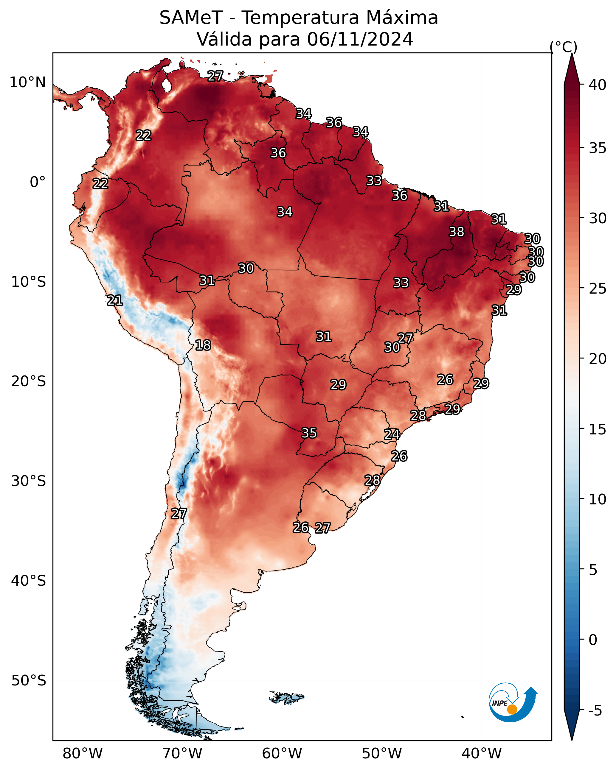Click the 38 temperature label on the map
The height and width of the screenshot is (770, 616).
coord(457,232)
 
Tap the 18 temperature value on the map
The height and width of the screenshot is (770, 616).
coord(203,345)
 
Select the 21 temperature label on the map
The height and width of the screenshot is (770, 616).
coord(115,300)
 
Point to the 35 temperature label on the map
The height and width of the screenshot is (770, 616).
coord(309,433)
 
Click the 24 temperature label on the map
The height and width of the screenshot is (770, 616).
coord(392,434)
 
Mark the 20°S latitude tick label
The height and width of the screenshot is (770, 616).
coord(29,381)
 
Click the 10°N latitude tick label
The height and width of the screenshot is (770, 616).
coord(27,82)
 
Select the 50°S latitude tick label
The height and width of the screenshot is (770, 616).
coord(29,681)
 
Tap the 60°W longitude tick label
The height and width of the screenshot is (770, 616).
coord(282,754)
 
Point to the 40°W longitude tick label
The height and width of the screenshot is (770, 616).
coord(482,754)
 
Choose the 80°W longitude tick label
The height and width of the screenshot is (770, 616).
coord(83,754)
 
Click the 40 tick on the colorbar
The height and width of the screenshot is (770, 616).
coord(598,85)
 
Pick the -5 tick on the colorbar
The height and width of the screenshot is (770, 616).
coord(595,711)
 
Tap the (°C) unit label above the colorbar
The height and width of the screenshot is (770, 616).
coord(564,47)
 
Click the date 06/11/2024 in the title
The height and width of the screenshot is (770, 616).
coord(360,39)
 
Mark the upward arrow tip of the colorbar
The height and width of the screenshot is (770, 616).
coord(572,54)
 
